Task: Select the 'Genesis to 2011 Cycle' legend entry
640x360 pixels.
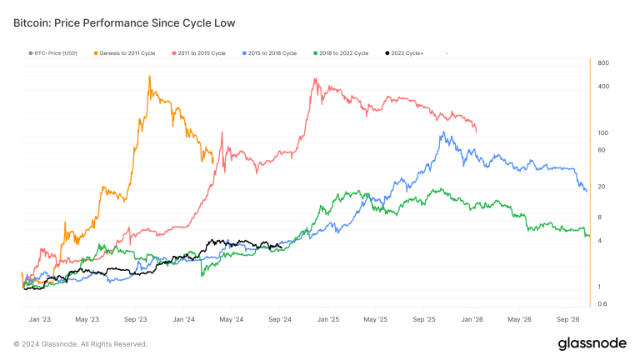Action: pyautogui.click(x=125, y=53)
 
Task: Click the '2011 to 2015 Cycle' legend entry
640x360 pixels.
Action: pyautogui.click(x=199, y=53)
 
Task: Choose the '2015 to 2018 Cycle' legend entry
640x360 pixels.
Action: pyautogui.click(x=270, y=53)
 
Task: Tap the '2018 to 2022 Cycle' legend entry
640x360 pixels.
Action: pyautogui.click(x=341, y=53)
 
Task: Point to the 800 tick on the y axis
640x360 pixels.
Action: pyautogui.click(x=603, y=63)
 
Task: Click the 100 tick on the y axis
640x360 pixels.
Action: pyautogui.click(x=603, y=133)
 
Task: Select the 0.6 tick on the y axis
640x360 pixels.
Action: pyautogui.click(x=603, y=303)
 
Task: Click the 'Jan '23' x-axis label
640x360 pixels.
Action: pyautogui.click(x=39, y=319)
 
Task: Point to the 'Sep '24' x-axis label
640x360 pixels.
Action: pyautogui.click(x=281, y=319)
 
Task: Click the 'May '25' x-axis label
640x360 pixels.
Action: pyautogui.click(x=377, y=319)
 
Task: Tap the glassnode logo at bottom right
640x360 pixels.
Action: pyautogui.click(x=592, y=343)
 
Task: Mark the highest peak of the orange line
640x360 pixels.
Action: pyautogui.click(x=149, y=77)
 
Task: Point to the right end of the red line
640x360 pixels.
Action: pyautogui.click(x=477, y=132)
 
